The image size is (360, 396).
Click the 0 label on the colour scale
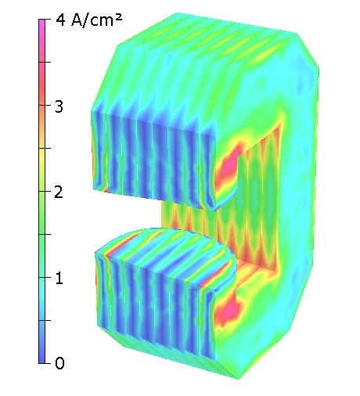tap(59, 363)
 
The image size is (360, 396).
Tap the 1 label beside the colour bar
tap(59, 278)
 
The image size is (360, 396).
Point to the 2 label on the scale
tap(59, 192)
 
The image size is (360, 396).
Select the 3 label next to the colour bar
tap(59, 106)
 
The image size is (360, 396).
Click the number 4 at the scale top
tap(60, 20)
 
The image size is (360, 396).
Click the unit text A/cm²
tap(96, 20)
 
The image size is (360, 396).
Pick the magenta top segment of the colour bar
tap(41, 41)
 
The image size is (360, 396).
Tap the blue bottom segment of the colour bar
tap(41, 342)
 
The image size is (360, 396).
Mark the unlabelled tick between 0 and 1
tap(48, 320)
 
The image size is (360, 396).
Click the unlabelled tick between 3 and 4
tap(48, 62)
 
